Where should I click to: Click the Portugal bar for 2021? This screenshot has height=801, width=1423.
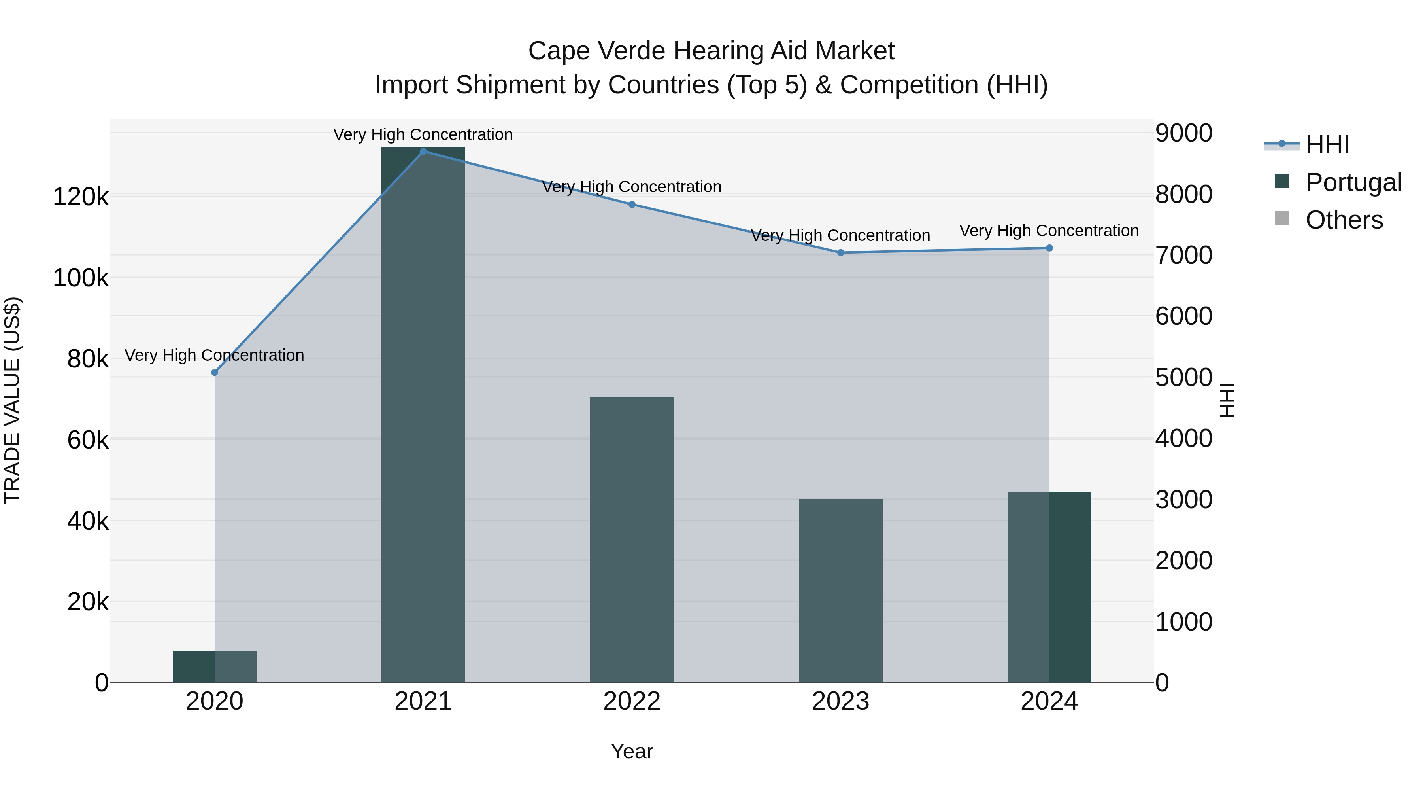coord(423,415)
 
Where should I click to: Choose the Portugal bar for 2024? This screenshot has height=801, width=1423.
coord(1049,587)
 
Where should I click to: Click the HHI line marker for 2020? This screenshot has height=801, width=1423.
coord(215,373)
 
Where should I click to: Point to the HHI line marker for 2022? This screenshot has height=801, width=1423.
coord(632,205)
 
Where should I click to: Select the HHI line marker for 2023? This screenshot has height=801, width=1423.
coord(841,253)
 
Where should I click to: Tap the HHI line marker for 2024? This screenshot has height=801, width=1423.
coord(1049,248)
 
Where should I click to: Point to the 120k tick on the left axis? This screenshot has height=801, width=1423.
coord(81,197)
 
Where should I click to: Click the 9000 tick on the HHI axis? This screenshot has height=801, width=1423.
coord(1183,133)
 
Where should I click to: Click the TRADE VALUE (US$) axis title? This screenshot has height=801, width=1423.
coord(12,400)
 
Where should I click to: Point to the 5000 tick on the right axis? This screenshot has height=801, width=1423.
coord(1183,378)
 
